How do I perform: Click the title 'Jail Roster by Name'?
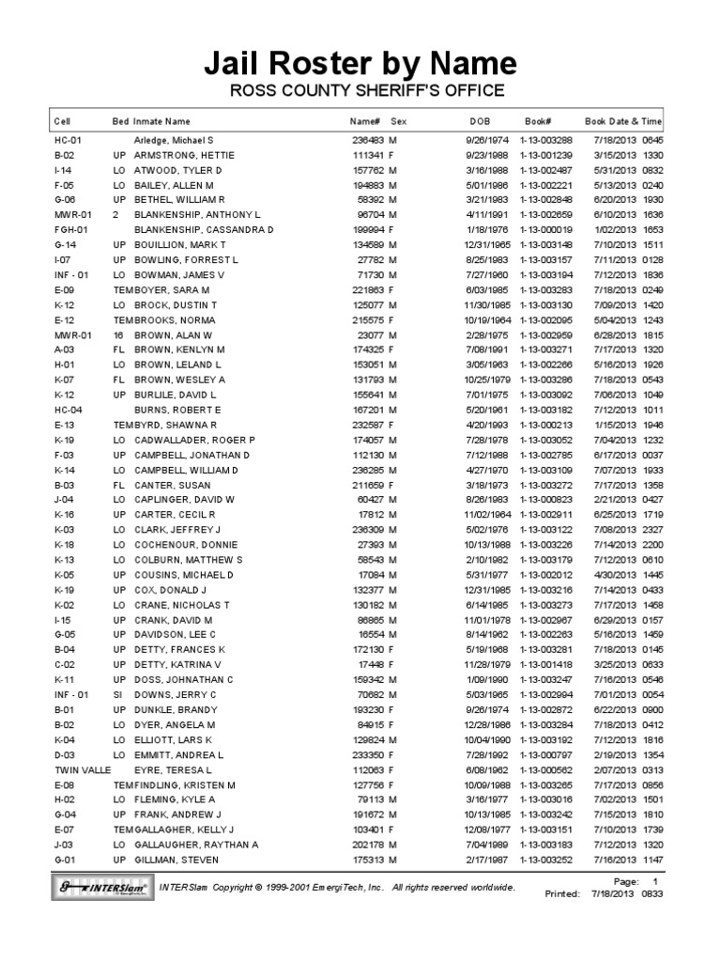[x=361, y=63]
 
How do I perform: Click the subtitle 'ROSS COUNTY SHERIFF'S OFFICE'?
[x=361, y=91]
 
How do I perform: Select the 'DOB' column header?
[x=480, y=121]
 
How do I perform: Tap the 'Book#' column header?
[x=538, y=121]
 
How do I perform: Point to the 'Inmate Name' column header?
[x=162, y=121]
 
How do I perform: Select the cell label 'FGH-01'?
[x=71, y=229]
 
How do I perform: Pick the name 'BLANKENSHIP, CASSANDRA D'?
[x=204, y=229]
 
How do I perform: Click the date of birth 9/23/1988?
[x=487, y=155]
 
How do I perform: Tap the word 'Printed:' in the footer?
[x=562, y=894]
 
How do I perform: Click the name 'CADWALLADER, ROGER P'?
[x=194, y=440]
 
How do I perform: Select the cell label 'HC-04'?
[x=69, y=410]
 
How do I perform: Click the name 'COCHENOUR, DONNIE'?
[x=186, y=545]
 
